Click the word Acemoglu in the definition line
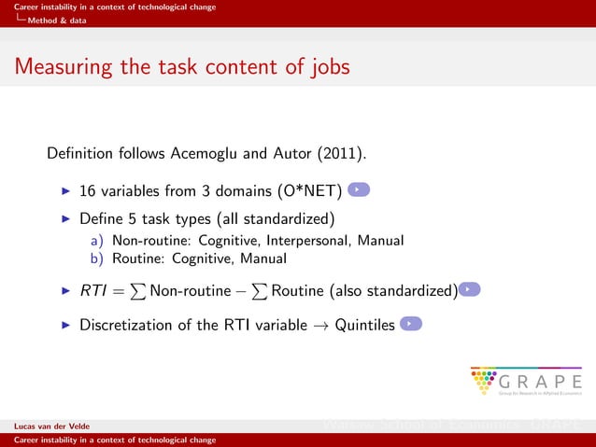point(207,152)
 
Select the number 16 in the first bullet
point(88,192)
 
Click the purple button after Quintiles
point(411,324)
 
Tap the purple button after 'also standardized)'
point(471,290)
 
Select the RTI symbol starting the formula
point(92,291)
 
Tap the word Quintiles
point(364,326)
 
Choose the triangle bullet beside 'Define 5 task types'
point(65,220)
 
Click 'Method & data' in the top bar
point(58,20)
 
